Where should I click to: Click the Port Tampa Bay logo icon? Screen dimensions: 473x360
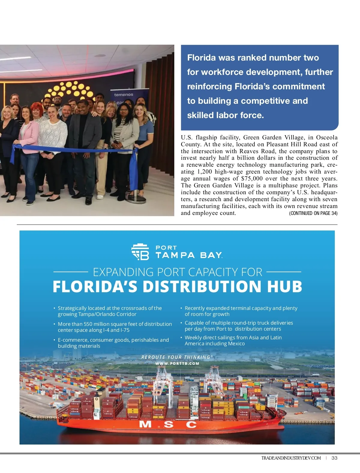[140, 252]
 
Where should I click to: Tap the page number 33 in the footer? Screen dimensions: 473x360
[334, 458]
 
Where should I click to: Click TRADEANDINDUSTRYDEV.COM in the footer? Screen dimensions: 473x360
[291, 458]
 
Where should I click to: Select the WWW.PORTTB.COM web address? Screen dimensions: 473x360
[177, 364]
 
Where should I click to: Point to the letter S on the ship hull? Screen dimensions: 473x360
[169, 424]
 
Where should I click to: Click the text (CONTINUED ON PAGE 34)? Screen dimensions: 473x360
[313, 213]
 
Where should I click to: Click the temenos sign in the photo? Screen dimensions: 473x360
[124, 94]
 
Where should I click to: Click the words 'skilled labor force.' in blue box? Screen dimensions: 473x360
[225, 115]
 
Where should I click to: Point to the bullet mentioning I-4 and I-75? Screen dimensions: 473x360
[115, 327]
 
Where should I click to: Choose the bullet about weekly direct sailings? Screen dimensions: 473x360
[233, 341]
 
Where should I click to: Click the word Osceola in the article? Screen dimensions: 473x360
[327, 138]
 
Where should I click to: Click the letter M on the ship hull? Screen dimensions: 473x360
[146, 424]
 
